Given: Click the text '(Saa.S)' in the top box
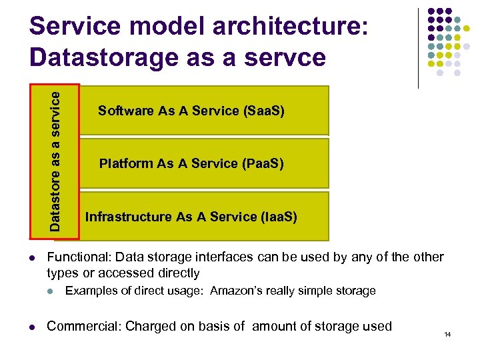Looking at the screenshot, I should click(263, 111).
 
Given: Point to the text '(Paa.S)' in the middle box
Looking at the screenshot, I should click(263, 163).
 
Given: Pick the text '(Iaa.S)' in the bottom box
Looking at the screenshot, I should click(275, 217).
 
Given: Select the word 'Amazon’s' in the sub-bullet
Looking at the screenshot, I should click(233, 291).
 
